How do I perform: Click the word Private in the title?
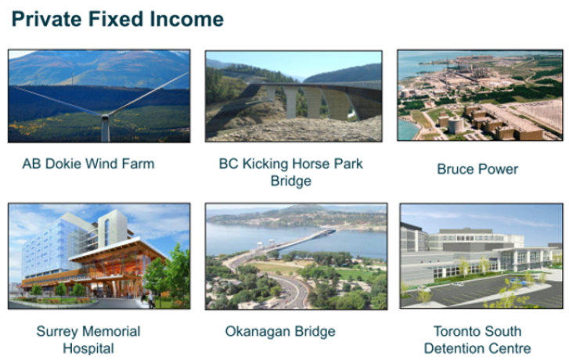click(47, 19)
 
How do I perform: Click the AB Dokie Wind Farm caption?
click(88, 164)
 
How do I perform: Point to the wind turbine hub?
click(105, 117)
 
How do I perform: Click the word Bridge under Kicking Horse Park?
click(291, 181)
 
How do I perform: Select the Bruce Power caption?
click(477, 169)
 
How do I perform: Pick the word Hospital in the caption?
click(88, 348)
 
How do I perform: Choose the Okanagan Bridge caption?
click(280, 331)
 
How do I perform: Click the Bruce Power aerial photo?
click(480, 95)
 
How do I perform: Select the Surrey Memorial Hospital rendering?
click(99, 256)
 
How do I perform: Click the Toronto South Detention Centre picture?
click(481, 256)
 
